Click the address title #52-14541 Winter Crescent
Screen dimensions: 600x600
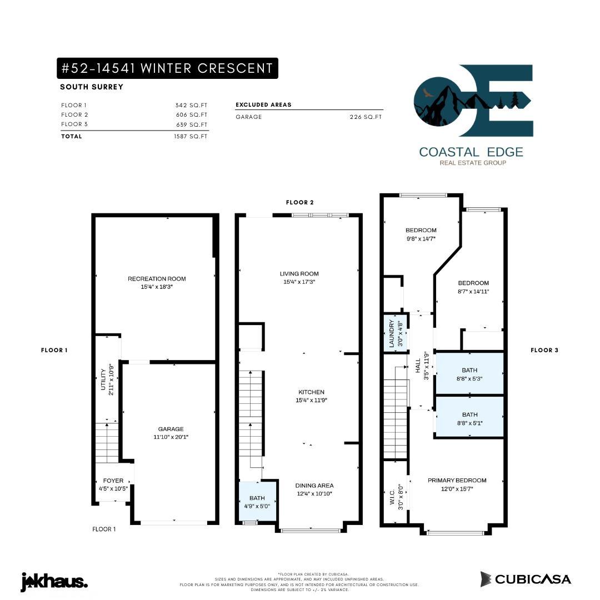coord(167,68)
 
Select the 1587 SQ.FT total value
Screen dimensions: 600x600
coord(190,137)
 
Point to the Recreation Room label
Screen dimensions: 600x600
coord(157,279)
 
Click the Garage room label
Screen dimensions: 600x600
coord(171,429)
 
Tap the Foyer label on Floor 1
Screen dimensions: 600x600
coord(113,481)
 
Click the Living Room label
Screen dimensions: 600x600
coord(299,274)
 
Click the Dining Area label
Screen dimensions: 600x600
coord(314,486)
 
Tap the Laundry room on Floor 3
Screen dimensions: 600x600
coord(395,333)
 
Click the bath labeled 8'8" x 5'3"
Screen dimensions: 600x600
coord(469,374)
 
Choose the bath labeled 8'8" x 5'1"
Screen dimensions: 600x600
coord(469,418)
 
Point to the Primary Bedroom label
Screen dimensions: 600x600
coord(457,481)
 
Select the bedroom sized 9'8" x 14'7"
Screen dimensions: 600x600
coord(421,234)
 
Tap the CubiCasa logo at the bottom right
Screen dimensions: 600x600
coord(526,579)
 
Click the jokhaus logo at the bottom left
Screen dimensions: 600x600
coord(54,582)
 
